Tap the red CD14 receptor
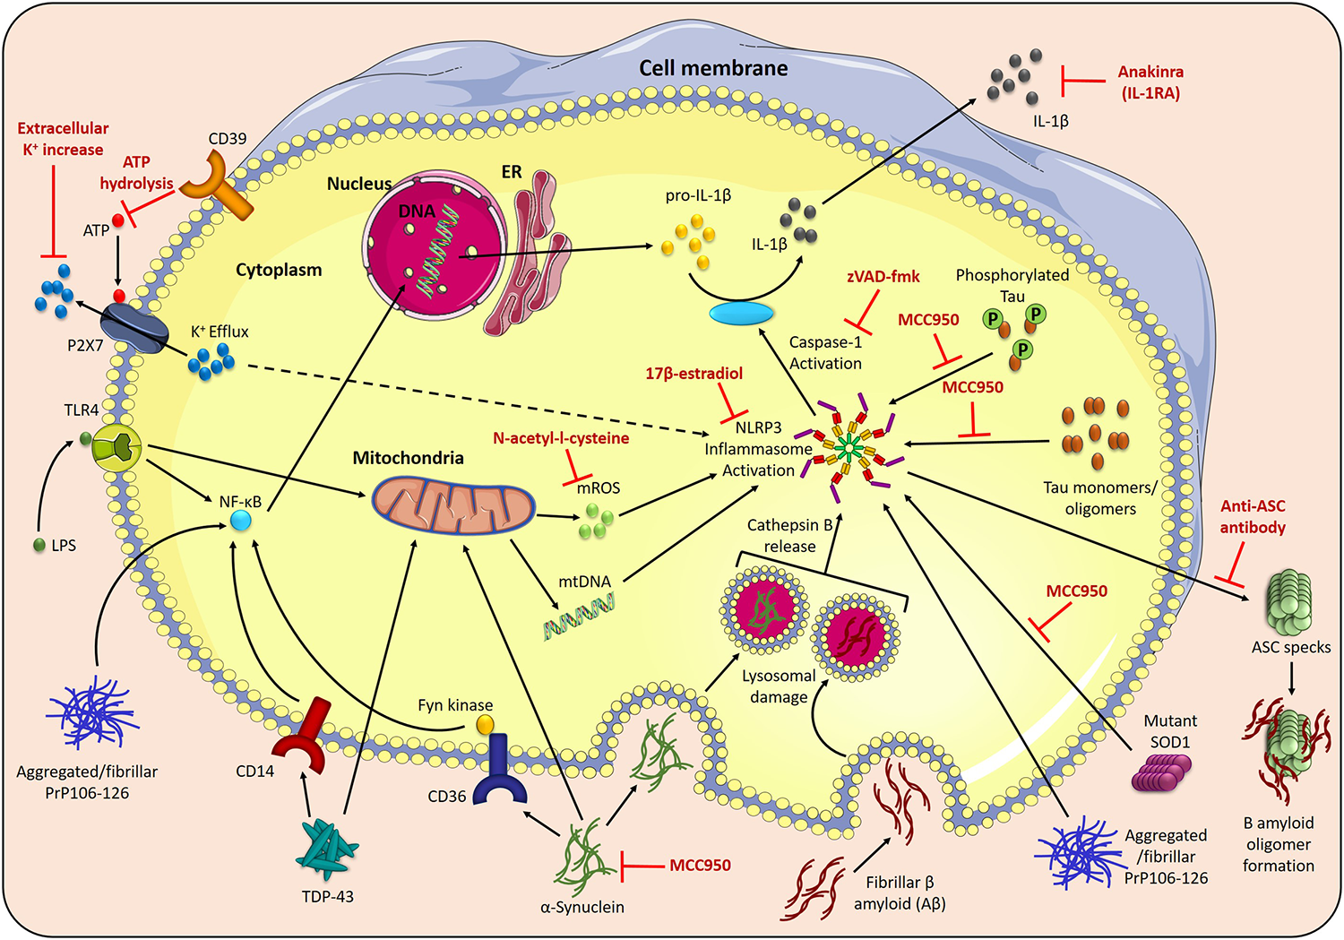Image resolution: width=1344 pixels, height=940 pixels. click(x=300, y=738)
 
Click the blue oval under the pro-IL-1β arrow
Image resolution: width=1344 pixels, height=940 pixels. click(x=741, y=314)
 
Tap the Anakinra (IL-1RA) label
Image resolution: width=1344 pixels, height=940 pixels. click(x=1150, y=82)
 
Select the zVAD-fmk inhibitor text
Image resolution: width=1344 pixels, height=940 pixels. click(x=883, y=277)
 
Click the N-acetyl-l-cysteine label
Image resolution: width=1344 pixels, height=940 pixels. click(x=561, y=438)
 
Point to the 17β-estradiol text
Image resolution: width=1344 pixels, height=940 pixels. click(x=694, y=374)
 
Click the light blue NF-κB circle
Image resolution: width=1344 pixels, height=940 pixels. click(x=240, y=521)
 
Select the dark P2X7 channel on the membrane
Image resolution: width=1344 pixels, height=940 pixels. click(x=134, y=328)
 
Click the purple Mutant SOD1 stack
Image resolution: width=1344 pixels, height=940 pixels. click(x=1161, y=772)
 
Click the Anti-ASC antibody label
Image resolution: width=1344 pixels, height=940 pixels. click(x=1253, y=517)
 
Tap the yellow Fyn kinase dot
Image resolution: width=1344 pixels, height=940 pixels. click(x=485, y=723)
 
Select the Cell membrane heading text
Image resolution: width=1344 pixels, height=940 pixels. click(x=713, y=68)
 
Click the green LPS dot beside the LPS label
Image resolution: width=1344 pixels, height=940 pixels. click(x=39, y=545)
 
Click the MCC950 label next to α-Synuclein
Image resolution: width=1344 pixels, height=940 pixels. click(x=700, y=866)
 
